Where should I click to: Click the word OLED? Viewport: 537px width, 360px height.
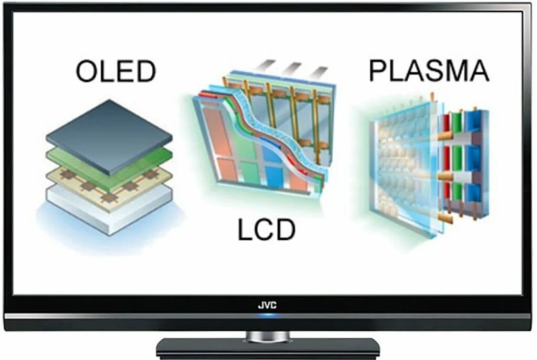click(116, 71)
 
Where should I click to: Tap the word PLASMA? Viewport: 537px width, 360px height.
click(429, 71)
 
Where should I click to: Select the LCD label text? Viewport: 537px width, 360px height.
click(266, 230)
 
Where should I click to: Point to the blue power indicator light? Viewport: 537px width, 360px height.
click(267, 315)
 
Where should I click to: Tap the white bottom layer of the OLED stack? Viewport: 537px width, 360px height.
click(105, 215)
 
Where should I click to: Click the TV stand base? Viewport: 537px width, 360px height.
click(267, 348)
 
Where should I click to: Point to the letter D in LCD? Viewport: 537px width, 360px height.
click(284, 230)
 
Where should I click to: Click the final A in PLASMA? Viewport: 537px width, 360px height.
click(478, 71)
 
